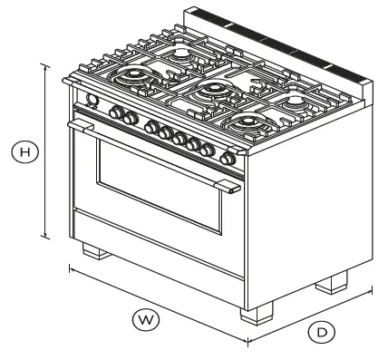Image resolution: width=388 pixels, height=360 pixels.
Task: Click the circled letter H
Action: (27, 153)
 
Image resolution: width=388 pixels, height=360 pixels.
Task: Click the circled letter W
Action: (142, 318)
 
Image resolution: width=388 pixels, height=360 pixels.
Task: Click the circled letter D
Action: (320, 332)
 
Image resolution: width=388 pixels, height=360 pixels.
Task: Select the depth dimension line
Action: (313, 316)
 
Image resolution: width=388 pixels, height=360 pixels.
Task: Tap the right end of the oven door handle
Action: (233, 188)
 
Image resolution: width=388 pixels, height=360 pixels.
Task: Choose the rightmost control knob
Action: (226, 160)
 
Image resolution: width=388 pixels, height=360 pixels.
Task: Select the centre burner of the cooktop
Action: (212, 89)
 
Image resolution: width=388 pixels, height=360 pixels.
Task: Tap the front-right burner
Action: (243, 120)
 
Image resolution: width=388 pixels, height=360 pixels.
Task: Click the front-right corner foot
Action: (257, 312)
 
